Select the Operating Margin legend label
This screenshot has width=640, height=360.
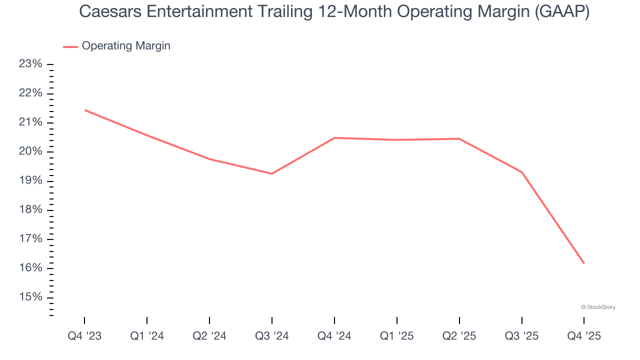[x=126, y=46]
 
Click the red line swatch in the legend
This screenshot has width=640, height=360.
[x=70, y=46]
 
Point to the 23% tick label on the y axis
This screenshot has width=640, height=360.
[x=30, y=64]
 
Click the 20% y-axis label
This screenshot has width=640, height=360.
[x=30, y=151]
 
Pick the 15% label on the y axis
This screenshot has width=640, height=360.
[x=30, y=297]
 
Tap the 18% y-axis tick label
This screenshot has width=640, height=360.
[x=30, y=210]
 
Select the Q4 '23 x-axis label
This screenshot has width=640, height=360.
[x=84, y=336]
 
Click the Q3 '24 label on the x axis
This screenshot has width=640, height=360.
[x=271, y=336]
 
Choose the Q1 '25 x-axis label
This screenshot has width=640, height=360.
[x=396, y=336]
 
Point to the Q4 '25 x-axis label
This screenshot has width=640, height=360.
[x=584, y=336]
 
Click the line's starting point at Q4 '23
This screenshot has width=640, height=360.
[x=85, y=110]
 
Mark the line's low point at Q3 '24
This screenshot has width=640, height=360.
[x=271, y=173]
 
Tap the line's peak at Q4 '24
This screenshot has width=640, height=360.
[x=334, y=137]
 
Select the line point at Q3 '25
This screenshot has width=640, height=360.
[x=521, y=172]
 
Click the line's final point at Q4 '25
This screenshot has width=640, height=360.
[x=583, y=263]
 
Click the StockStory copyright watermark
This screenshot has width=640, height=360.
[x=598, y=307]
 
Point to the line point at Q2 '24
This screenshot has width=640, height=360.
[x=209, y=159]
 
